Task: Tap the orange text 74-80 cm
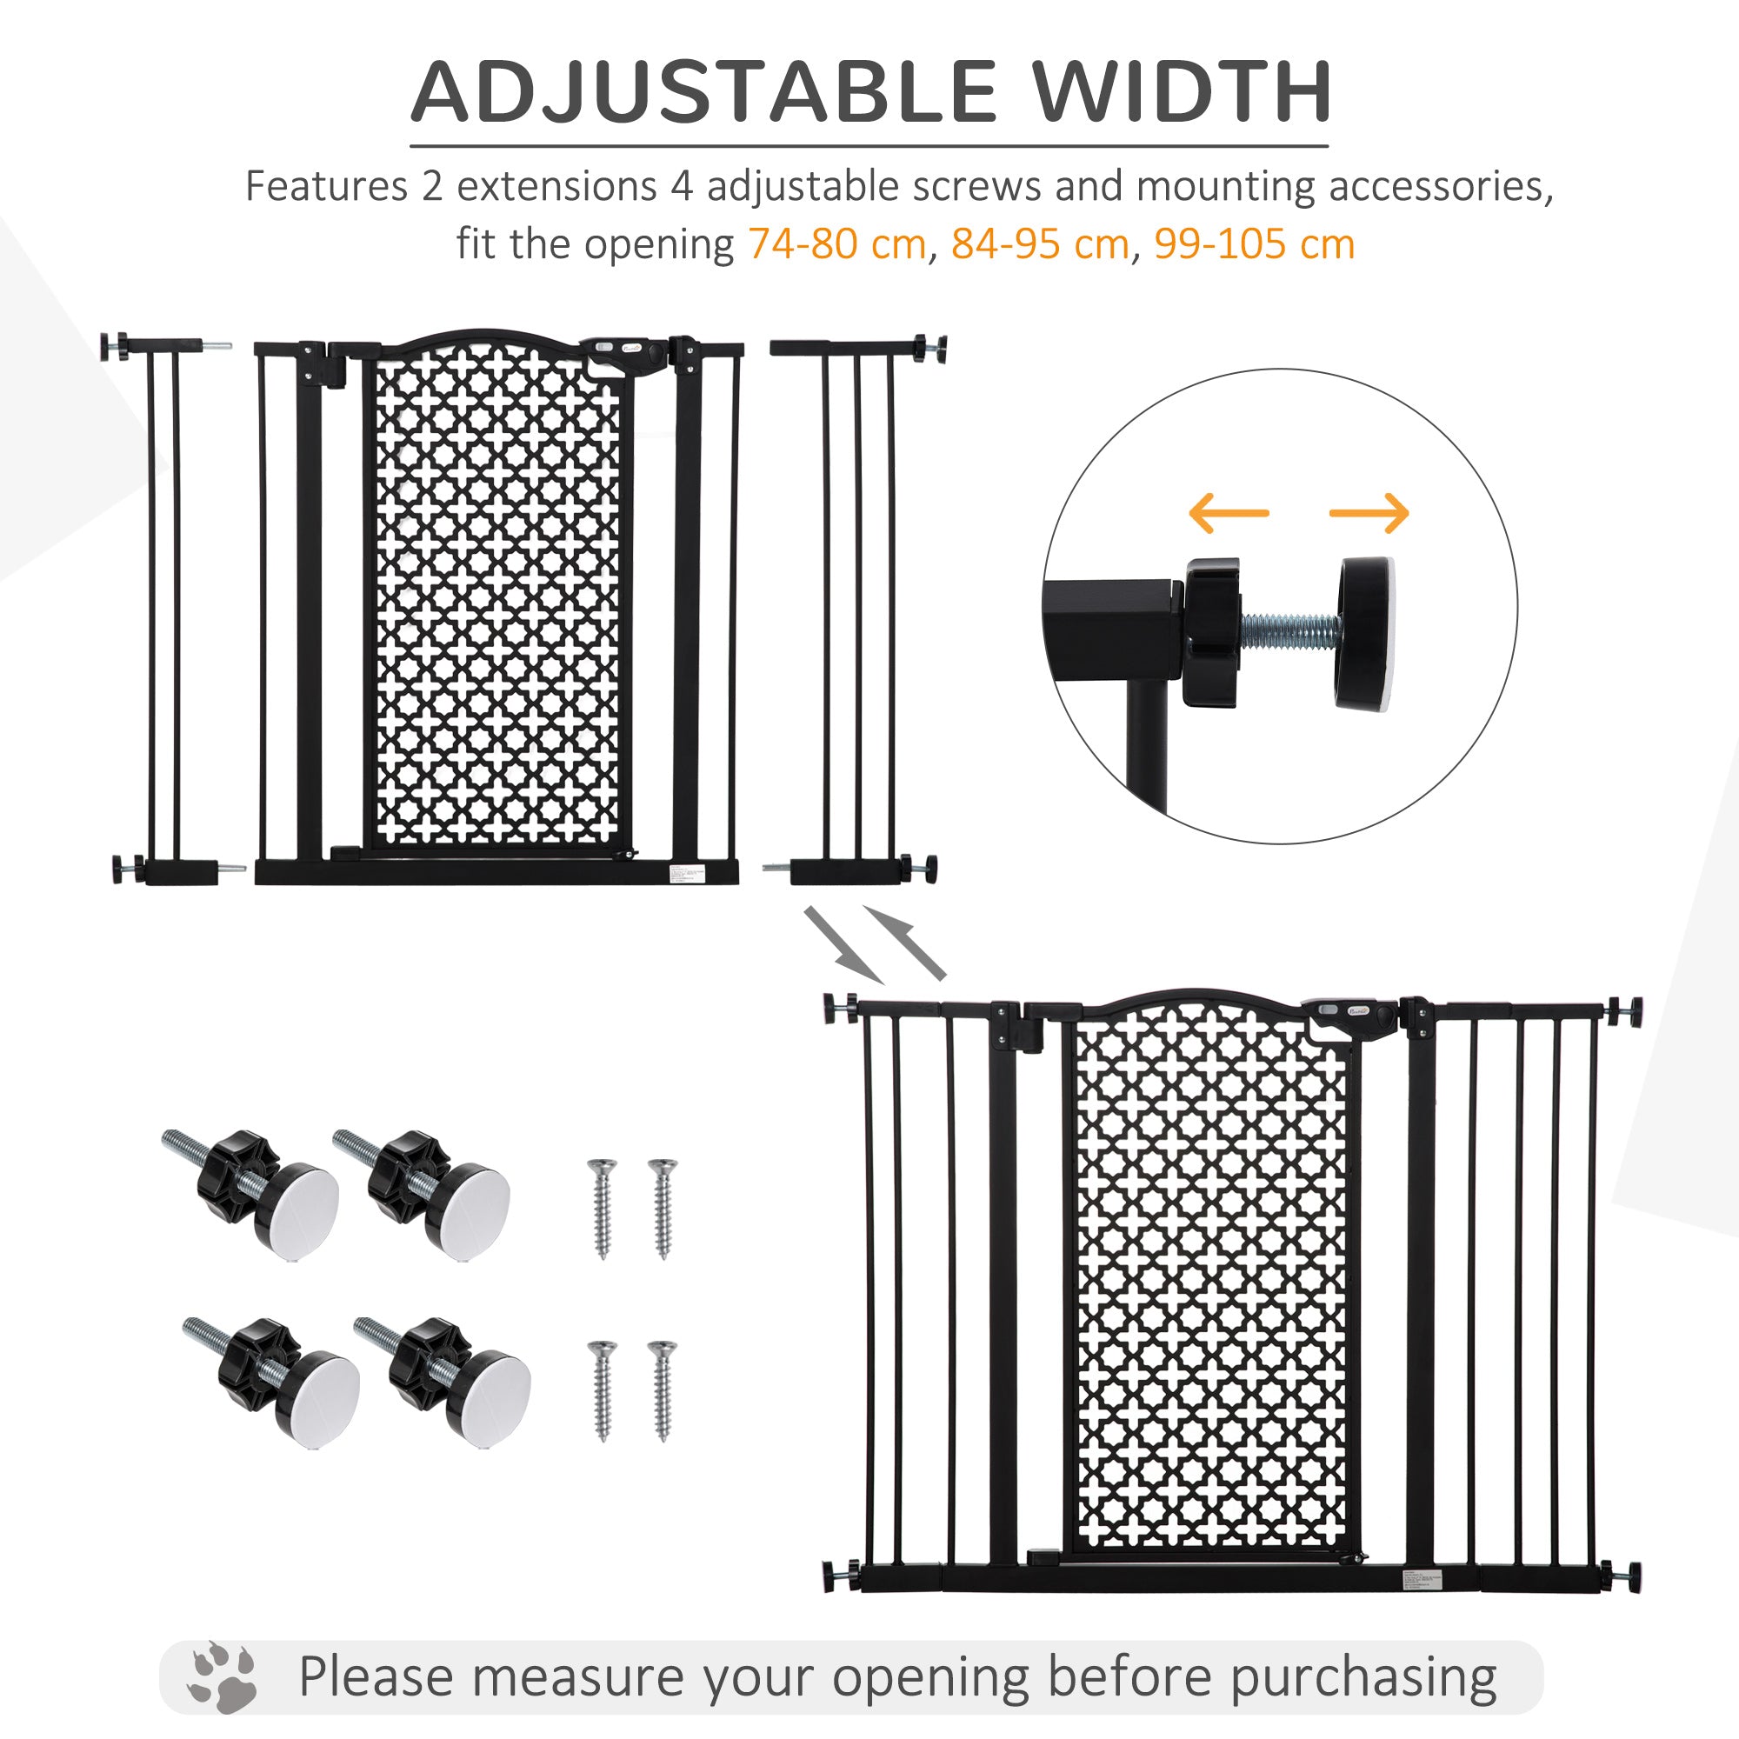point(836,244)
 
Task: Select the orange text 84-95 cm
point(1040,244)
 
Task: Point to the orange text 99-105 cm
point(1254,244)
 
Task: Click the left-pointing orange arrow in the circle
point(1229,513)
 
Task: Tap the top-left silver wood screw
point(602,1208)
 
